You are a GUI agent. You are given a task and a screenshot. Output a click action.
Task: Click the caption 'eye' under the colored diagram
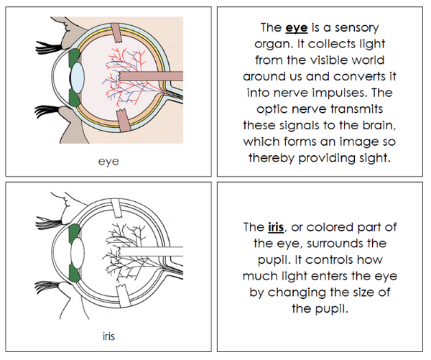tap(108, 162)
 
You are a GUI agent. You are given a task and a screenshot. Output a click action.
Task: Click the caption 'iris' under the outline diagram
tap(108, 335)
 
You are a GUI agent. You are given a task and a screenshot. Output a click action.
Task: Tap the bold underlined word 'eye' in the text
tap(296, 29)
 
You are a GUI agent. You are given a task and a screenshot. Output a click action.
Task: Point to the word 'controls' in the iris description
tap(335, 259)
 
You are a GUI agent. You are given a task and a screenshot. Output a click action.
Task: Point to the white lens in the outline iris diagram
tap(77, 254)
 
